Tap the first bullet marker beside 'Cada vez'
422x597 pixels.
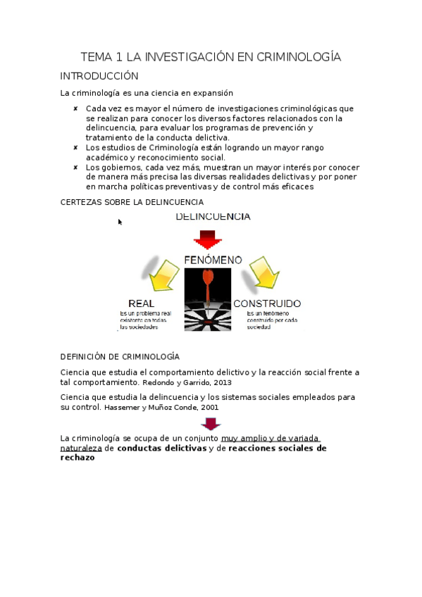click(75, 108)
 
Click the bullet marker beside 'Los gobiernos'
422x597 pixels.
click(75, 168)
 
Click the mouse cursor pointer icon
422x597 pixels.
click(120, 222)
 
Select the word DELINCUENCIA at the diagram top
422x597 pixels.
click(213, 217)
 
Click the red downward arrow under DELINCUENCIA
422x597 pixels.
click(207, 239)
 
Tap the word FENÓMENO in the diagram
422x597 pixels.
click(212, 260)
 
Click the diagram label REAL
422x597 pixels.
click(141, 303)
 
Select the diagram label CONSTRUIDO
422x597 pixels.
click(267, 303)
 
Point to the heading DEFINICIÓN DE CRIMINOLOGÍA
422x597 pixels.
click(120, 357)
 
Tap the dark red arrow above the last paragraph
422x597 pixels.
click(211, 424)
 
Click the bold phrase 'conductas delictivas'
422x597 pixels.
click(161, 448)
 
